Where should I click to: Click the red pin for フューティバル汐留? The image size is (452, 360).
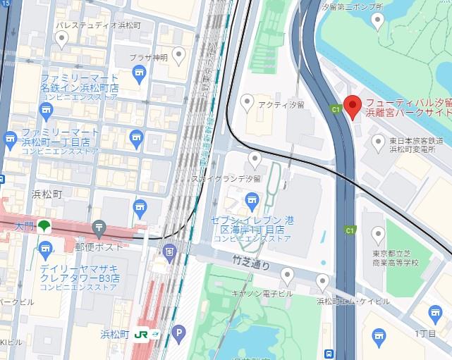[354, 104]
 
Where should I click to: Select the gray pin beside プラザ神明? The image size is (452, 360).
[178, 54]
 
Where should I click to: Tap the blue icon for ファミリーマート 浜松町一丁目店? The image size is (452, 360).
[10, 139]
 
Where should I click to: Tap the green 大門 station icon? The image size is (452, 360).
[44, 226]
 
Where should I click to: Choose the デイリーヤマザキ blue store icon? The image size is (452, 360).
[47, 248]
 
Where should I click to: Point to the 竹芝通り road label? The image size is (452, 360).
[251, 261]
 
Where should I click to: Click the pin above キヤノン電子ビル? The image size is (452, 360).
[287, 275]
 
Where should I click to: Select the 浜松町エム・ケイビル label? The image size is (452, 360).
[353, 301]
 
